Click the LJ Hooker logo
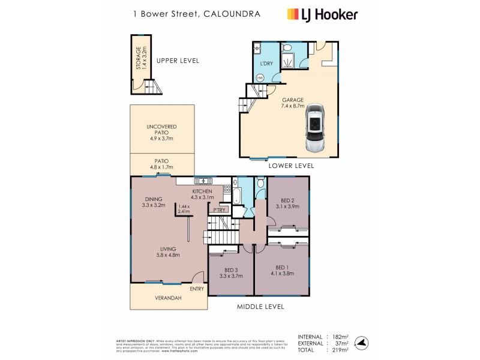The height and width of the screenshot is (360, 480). (x=323, y=14)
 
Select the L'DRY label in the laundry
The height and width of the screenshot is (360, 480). (x=266, y=64)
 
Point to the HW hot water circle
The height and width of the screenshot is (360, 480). (x=260, y=77)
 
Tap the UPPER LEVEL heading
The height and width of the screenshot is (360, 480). (x=178, y=61)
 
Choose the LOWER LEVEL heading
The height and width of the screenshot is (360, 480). (x=292, y=165)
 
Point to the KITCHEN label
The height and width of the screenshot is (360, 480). (x=202, y=190)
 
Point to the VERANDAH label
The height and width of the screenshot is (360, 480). (x=168, y=298)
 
